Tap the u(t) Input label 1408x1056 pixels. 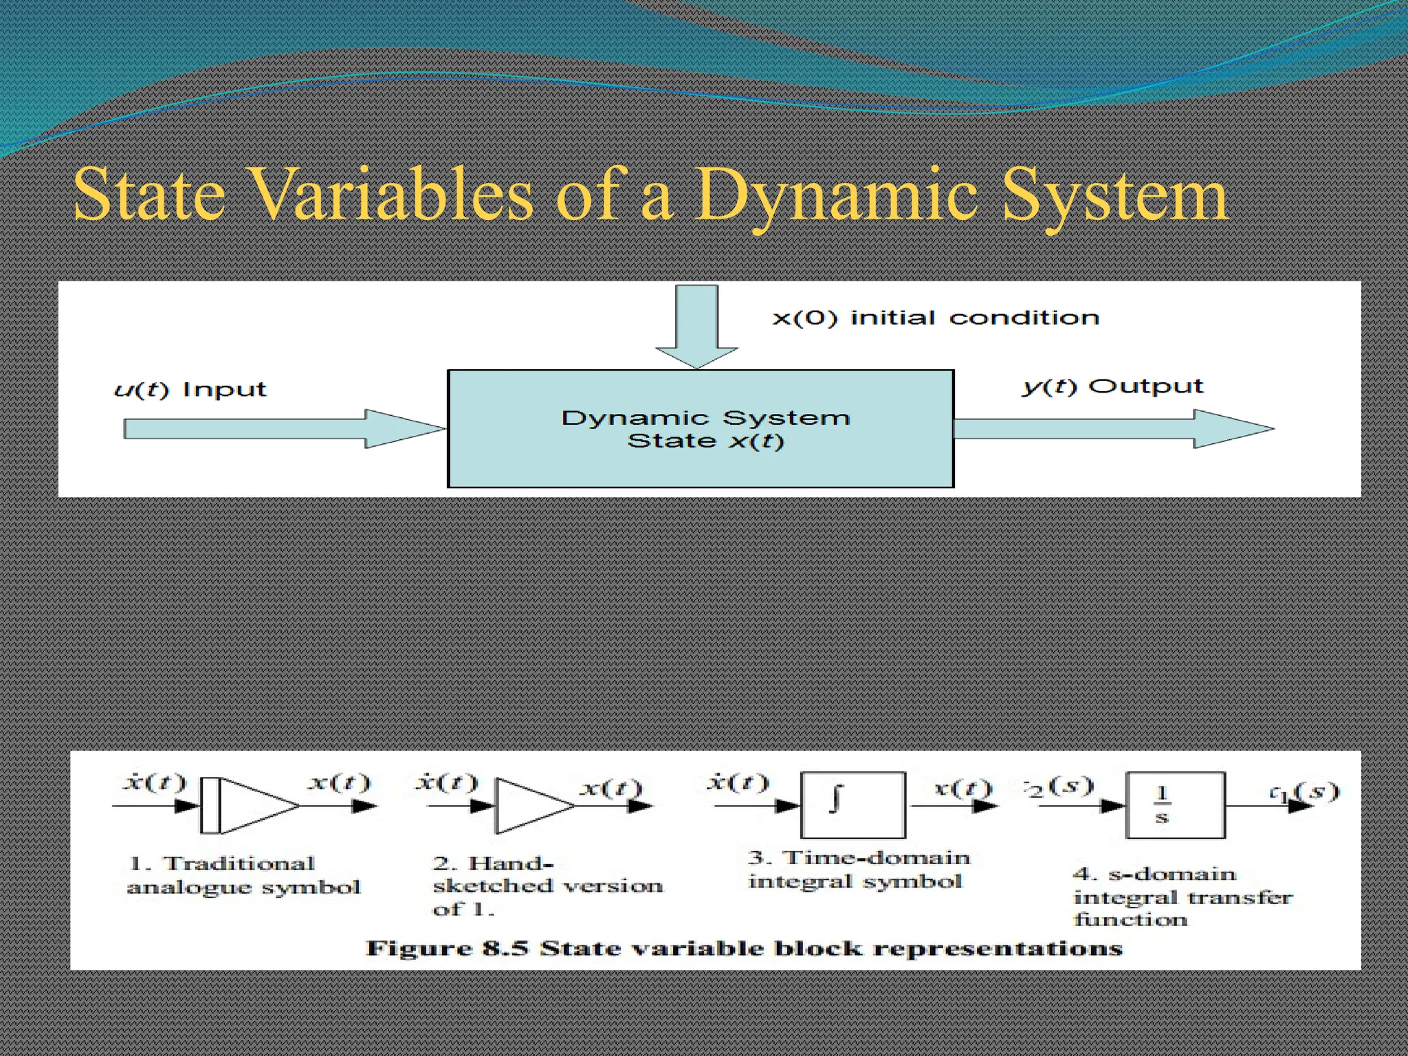[x=190, y=390]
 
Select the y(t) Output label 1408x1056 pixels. [x=1112, y=386]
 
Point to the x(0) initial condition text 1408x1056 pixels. [x=936, y=318]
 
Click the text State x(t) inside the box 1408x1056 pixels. [x=705, y=441]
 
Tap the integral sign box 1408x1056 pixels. [x=852, y=804]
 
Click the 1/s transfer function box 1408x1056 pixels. [x=1174, y=805]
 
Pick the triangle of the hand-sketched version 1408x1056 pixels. [x=533, y=806]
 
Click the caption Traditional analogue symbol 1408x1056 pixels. [x=243, y=875]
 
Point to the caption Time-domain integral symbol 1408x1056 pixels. [x=858, y=870]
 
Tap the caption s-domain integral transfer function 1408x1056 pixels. [x=1181, y=896]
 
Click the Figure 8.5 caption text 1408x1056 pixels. [x=744, y=949]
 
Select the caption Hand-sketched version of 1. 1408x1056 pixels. [x=547, y=885]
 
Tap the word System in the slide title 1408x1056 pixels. [x=1114, y=197]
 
